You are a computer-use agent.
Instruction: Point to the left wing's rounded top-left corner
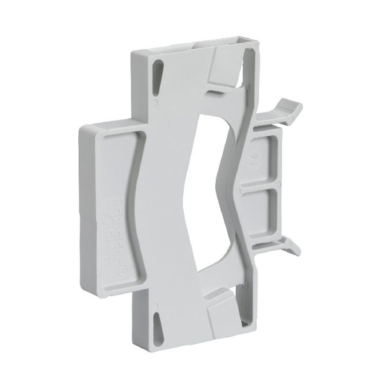coord(82,127)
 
